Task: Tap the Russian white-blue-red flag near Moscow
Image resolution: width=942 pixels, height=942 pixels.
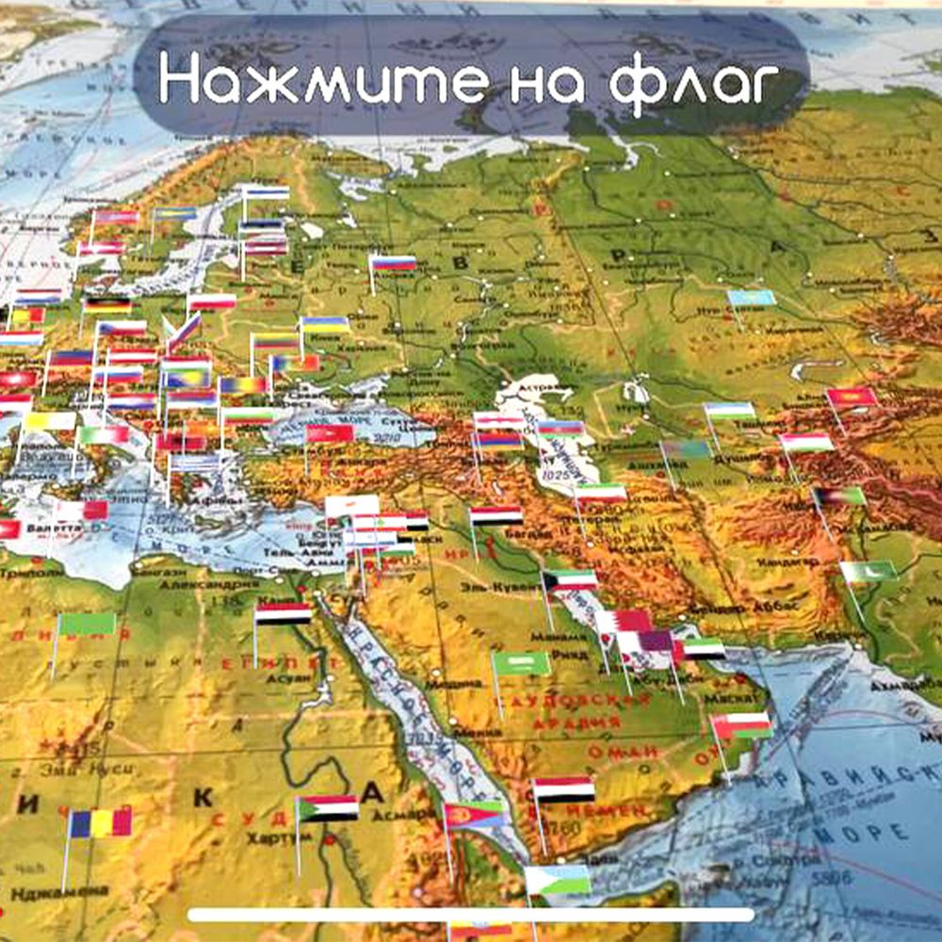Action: coord(393,264)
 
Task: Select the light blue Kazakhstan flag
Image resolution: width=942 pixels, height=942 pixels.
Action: coord(752,299)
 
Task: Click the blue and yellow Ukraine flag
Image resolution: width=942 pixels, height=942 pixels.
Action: coord(325,325)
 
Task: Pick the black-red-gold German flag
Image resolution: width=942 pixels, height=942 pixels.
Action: coord(106,305)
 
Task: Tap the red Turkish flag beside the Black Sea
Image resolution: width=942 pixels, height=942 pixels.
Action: coord(330,433)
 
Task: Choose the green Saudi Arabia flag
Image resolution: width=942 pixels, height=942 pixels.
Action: coord(521,663)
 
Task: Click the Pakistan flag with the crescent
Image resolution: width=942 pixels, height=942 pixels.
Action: coord(869,571)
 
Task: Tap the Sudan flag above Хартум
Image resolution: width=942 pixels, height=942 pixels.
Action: coord(328,808)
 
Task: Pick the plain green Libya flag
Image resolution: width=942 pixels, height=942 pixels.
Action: coord(86,624)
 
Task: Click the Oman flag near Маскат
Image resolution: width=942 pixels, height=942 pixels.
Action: coord(741,725)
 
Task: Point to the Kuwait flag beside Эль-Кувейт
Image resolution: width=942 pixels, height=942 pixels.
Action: coord(570,580)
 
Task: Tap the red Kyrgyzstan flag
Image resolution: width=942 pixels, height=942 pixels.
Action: coord(852,398)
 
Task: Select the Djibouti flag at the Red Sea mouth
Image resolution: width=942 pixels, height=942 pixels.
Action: coord(558,880)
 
